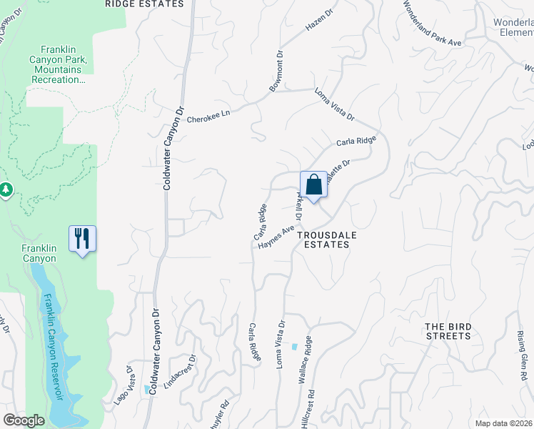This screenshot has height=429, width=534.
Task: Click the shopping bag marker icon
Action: pos(313,185)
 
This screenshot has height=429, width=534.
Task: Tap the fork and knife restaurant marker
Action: pos(82,237)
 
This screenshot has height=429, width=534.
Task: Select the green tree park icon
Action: pos(6,189)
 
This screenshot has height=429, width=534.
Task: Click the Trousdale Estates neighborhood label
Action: pos(323,239)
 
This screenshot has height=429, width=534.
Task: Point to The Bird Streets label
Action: pos(448,331)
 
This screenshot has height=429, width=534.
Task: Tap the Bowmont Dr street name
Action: pos(277,71)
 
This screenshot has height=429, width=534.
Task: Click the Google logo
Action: pos(24,420)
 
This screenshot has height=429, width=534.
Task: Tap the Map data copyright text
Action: pos(504,423)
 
